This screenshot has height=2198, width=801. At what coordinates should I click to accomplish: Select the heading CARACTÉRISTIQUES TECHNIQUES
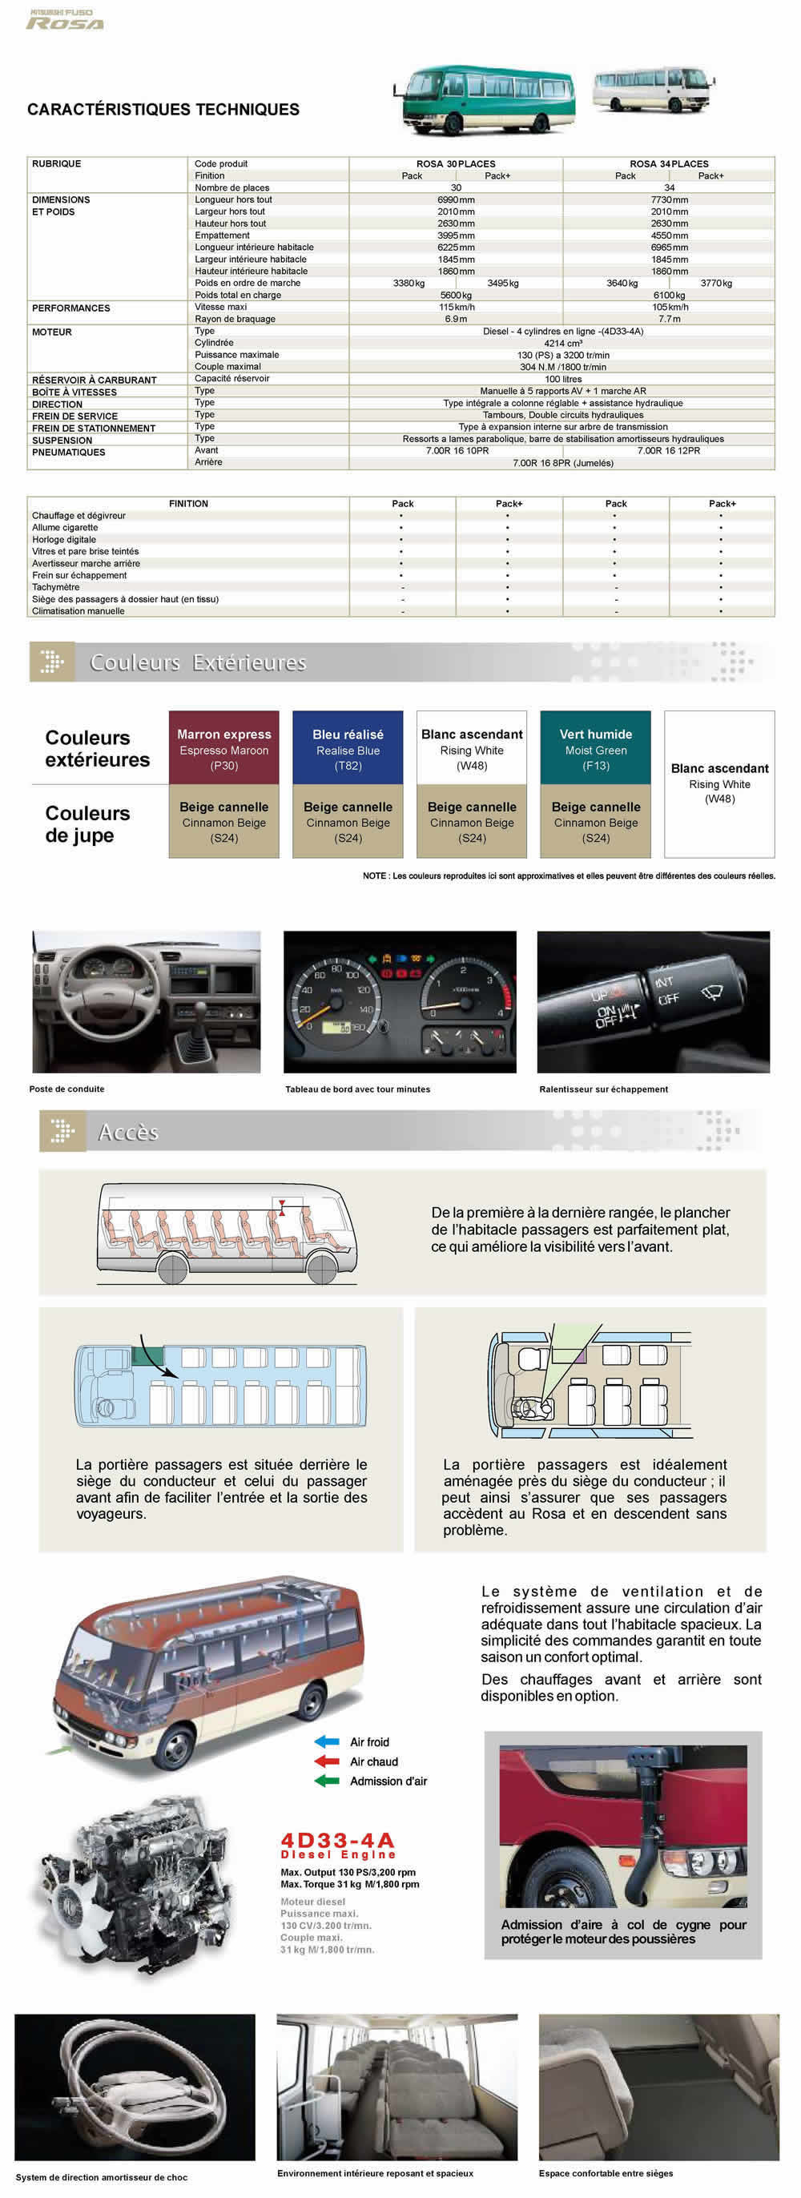163,109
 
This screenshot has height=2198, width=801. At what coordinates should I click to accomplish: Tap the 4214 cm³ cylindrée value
563,343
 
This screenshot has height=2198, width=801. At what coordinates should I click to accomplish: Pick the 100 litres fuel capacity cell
563,379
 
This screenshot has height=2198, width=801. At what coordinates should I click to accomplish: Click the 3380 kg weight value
409,284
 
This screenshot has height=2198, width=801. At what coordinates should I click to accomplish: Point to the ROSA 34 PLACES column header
669,164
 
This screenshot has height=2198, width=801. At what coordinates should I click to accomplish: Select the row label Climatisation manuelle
78,611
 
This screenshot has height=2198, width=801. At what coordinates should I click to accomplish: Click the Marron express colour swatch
223,747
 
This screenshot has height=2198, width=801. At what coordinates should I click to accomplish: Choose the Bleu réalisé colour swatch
347,747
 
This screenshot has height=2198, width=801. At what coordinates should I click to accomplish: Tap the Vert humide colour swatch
595,747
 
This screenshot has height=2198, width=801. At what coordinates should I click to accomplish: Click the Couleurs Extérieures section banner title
198,662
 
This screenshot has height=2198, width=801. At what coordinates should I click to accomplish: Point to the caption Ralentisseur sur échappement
603,1089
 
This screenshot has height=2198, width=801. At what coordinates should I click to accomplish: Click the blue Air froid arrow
327,1741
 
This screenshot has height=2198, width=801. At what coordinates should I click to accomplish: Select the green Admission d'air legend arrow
327,1781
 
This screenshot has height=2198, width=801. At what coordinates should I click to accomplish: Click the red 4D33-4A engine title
338,1841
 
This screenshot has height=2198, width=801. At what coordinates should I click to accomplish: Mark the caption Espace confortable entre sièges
606,2173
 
